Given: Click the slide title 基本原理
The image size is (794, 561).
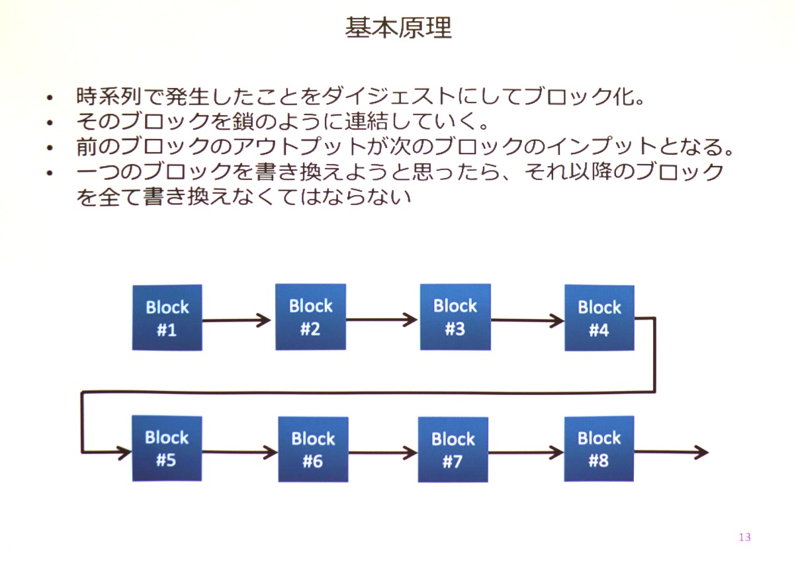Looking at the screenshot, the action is pyautogui.click(x=398, y=27).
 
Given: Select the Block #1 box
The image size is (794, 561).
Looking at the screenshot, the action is pyautogui.click(x=167, y=318).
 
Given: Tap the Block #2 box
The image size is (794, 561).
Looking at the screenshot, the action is pyautogui.click(x=311, y=317).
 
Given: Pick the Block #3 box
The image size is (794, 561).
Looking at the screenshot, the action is pyautogui.click(x=455, y=317).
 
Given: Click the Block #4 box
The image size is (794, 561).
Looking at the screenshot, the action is pyautogui.click(x=599, y=318).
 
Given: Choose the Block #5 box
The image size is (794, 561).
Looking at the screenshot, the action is pyautogui.click(x=167, y=449).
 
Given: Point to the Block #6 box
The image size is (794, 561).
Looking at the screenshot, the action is pyautogui.click(x=314, y=449).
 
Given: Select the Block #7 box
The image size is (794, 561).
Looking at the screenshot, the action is pyautogui.click(x=453, y=449).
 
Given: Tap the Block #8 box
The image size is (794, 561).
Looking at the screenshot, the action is pyautogui.click(x=599, y=449).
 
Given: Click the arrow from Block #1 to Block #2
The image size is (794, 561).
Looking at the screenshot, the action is pyautogui.click(x=237, y=320).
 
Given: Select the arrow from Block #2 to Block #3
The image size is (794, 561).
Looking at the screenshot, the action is pyautogui.click(x=382, y=320).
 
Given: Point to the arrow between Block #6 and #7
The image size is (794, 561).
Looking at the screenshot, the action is pyautogui.click(x=383, y=453).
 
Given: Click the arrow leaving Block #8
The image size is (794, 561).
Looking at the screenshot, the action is pyautogui.click(x=672, y=452).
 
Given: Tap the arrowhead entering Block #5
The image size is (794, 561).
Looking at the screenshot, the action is pyautogui.click(x=125, y=453).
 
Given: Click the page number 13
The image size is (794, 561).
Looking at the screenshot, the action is pyautogui.click(x=745, y=537).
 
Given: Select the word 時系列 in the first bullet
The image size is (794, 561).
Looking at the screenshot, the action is pyautogui.click(x=109, y=96).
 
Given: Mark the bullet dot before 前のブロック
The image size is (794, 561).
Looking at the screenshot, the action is pyautogui.click(x=50, y=148).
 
